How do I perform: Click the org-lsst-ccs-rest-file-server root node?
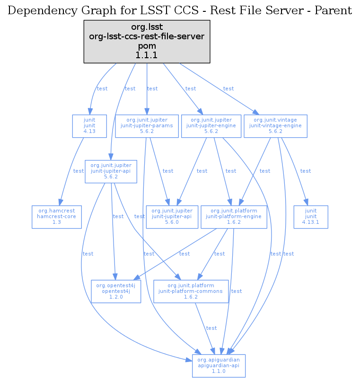click(x=147, y=42)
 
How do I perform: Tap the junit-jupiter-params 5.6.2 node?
click(x=147, y=126)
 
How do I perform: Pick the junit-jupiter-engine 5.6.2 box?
click(x=211, y=126)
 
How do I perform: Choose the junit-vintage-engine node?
click(x=275, y=126)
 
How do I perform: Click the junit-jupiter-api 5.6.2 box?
click(x=110, y=171)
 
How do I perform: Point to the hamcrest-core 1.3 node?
click(x=56, y=217)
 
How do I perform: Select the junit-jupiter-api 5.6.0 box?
click(x=171, y=217)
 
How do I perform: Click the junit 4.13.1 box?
click(x=310, y=217)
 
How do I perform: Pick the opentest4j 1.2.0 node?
click(x=116, y=291)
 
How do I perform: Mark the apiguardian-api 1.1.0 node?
click(x=219, y=366)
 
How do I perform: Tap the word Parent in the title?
click(x=334, y=10)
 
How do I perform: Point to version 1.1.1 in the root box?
click(x=147, y=55)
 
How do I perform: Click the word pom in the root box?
click(x=147, y=46)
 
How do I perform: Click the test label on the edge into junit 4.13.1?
click(x=306, y=171)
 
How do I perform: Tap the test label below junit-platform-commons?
click(x=211, y=328)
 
